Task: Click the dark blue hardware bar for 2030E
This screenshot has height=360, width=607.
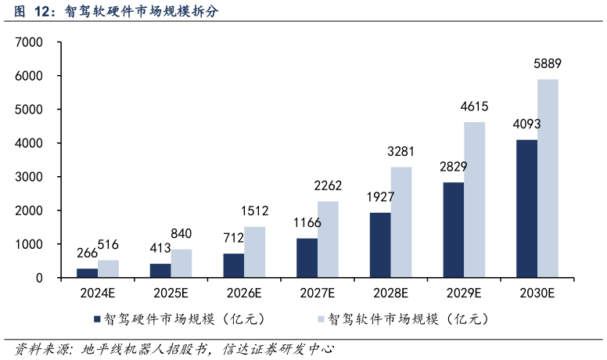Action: [526, 209]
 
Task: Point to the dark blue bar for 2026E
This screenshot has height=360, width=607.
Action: [233, 265]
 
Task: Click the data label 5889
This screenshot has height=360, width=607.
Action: [548, 64]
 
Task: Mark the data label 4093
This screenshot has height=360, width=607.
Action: [526, 125]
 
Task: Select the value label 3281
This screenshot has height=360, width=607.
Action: [401, 151]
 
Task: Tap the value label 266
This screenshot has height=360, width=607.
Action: [87, 253]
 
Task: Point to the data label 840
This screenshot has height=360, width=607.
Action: [181, 234]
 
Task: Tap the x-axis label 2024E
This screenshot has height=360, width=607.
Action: [97, 293]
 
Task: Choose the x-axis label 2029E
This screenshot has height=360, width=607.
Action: [464, 293]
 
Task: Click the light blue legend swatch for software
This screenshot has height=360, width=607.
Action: [321, 319]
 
